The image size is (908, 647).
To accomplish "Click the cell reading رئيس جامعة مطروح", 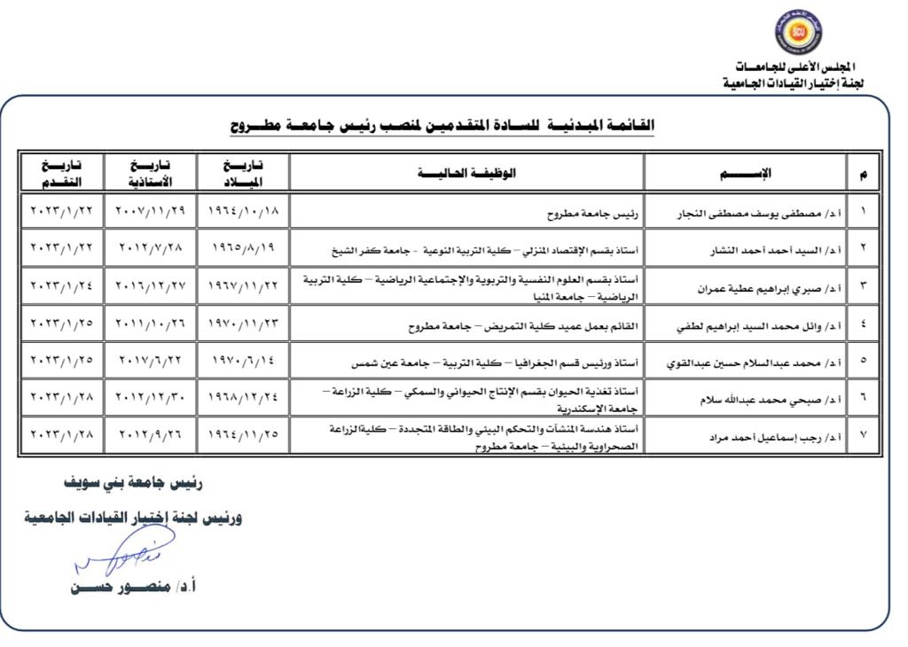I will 599,214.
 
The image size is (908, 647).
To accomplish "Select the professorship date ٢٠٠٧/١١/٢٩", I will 149,213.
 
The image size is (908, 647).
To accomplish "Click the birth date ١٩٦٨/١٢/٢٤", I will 243,399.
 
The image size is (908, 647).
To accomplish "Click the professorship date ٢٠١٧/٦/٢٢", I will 149,362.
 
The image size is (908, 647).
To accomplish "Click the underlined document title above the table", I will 442,125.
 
